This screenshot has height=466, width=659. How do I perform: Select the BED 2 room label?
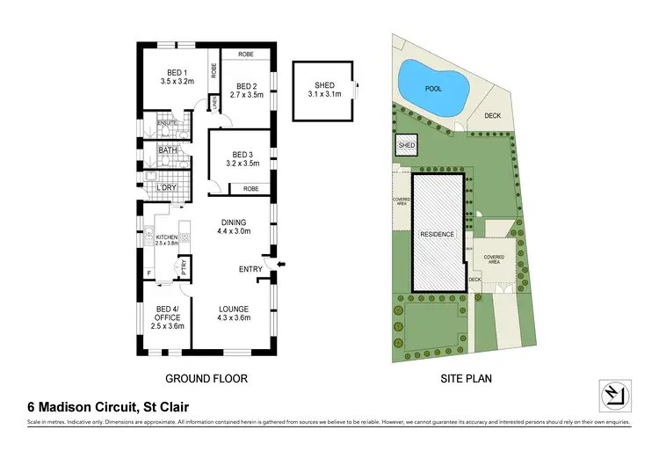pos(246,86)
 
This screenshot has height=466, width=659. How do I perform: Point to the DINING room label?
pos(234,222)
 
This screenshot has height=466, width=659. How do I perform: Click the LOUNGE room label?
pos(234,309)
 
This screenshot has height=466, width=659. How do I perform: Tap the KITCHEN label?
pos(167,237)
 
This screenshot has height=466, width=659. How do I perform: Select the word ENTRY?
pos(251,269)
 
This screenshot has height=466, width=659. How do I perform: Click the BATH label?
pos(168,150)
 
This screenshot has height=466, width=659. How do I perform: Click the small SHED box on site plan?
pos(407,146)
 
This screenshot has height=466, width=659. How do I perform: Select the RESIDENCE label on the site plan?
pos(437,235)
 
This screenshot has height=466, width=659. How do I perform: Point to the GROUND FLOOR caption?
pos(206,379)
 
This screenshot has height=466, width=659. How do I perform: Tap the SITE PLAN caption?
pos(465,379)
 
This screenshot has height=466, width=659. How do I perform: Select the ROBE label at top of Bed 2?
pos(246,55)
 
